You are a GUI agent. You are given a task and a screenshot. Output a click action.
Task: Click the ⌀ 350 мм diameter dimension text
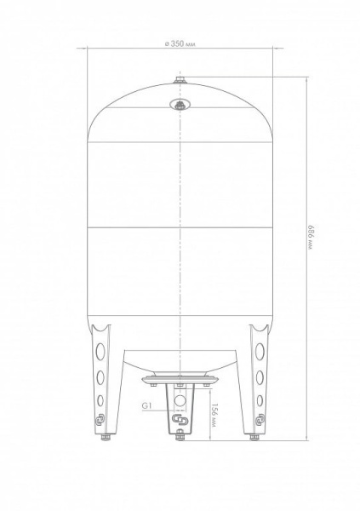pyautogui.click(x=180, y=43)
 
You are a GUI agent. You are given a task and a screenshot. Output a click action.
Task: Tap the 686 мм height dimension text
pyautogui.click(x=310, y=237)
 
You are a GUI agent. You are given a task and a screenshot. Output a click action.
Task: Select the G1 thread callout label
pyautogui.click(x=147, y=405)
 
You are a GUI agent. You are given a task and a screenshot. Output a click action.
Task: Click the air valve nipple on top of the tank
pyautogui.click(x=180, y=79)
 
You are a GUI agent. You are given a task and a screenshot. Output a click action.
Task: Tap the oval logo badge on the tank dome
pyautogui.click(x=180, y=105)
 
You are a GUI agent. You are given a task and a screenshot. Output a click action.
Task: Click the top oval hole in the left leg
pyautogui.click(x=100, y=351)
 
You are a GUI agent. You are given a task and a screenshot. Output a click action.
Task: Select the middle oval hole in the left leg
pyautogui.click(x=100, y=377)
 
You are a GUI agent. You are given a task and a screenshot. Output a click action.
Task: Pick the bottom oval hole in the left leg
pyautogui.click(x=100, y=400)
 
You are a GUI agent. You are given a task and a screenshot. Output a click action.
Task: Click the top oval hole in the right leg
pyautogui.click(x=260, y=351)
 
